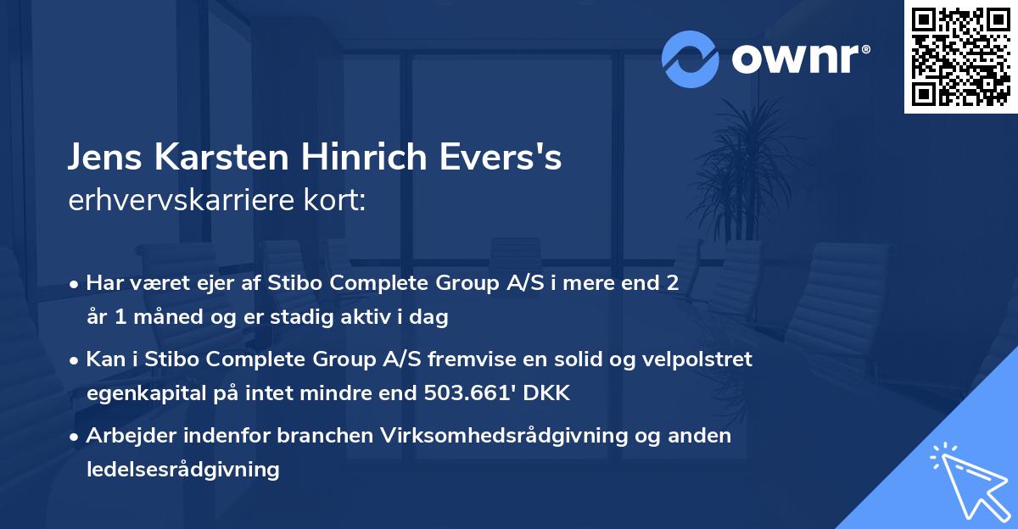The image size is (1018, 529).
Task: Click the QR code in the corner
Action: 961,57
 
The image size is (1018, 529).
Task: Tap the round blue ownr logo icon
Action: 691,58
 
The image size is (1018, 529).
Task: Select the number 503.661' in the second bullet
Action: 472,394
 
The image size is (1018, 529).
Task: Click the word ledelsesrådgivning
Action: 182,469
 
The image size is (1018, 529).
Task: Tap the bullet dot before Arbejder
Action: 76,437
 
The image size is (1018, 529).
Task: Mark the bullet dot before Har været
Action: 76,284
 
